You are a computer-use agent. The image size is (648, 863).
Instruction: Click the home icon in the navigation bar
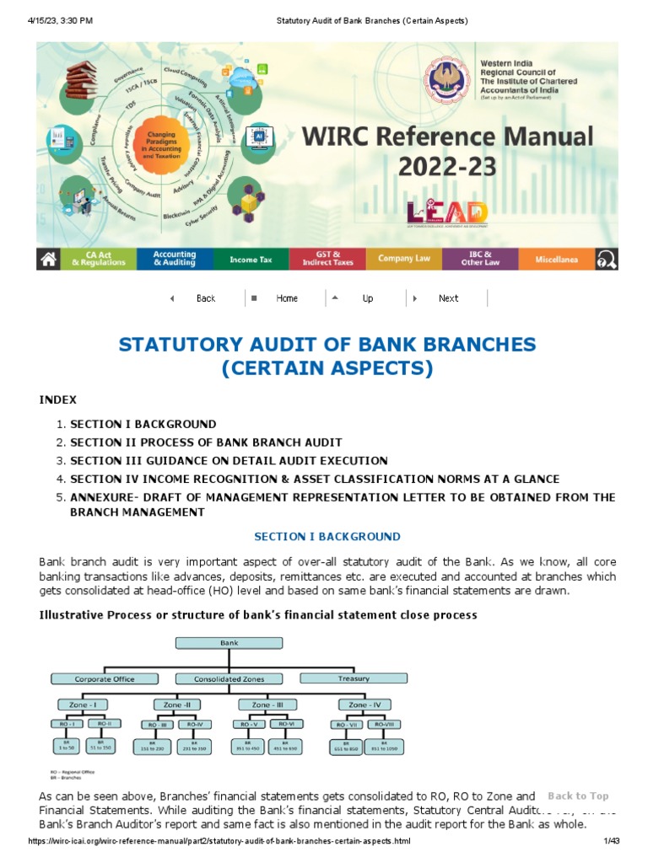[49, 260]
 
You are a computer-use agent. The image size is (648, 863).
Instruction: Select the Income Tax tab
[251, 260]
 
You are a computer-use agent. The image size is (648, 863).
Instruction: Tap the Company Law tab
[404, 259]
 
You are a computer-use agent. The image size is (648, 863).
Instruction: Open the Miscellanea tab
[556, 260]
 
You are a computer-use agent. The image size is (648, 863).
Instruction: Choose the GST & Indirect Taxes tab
[327, 260]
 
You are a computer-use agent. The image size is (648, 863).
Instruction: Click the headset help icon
[606, 260]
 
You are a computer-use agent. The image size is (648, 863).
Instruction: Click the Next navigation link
[448, 298]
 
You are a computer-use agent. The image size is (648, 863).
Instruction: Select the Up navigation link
[367, 298]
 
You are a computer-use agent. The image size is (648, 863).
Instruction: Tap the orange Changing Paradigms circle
[161, 146]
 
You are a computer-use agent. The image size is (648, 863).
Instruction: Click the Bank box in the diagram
[229, 643]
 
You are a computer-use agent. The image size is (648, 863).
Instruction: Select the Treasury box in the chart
[354, 678]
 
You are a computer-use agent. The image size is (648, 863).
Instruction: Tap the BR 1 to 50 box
[66, 747]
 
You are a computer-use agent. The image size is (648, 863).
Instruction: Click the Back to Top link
[578, 796]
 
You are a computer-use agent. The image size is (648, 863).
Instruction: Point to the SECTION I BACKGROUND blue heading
[327, 536]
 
